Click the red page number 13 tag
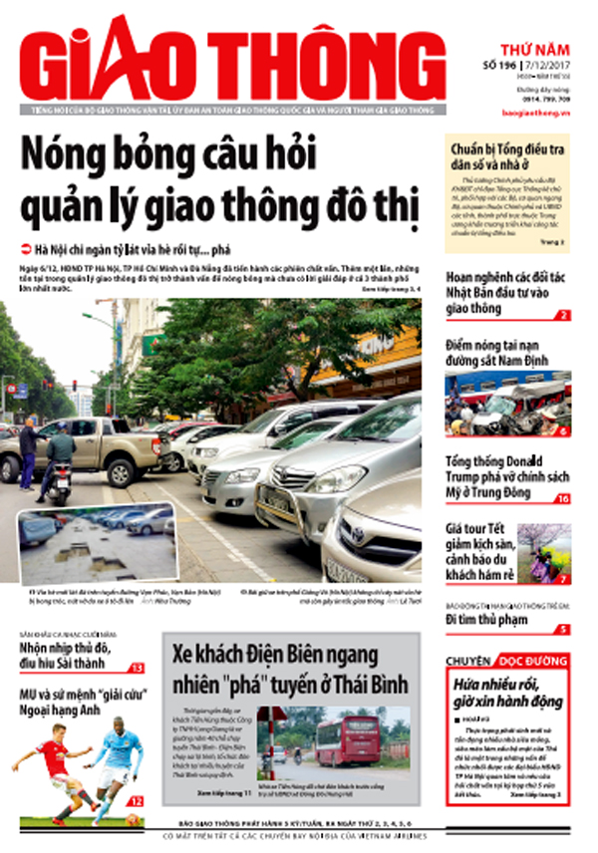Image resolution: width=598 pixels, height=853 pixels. coord(137,668)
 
